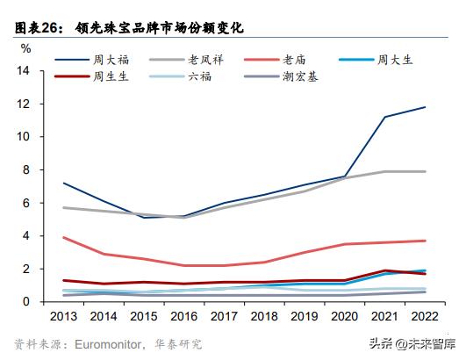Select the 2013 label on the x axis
pos(64,316)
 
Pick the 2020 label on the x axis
pos(343,316)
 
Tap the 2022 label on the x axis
pos(425,316)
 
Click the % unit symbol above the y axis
pos(25,47)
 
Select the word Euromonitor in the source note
pos(111,342)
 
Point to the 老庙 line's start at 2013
pos(63,237)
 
